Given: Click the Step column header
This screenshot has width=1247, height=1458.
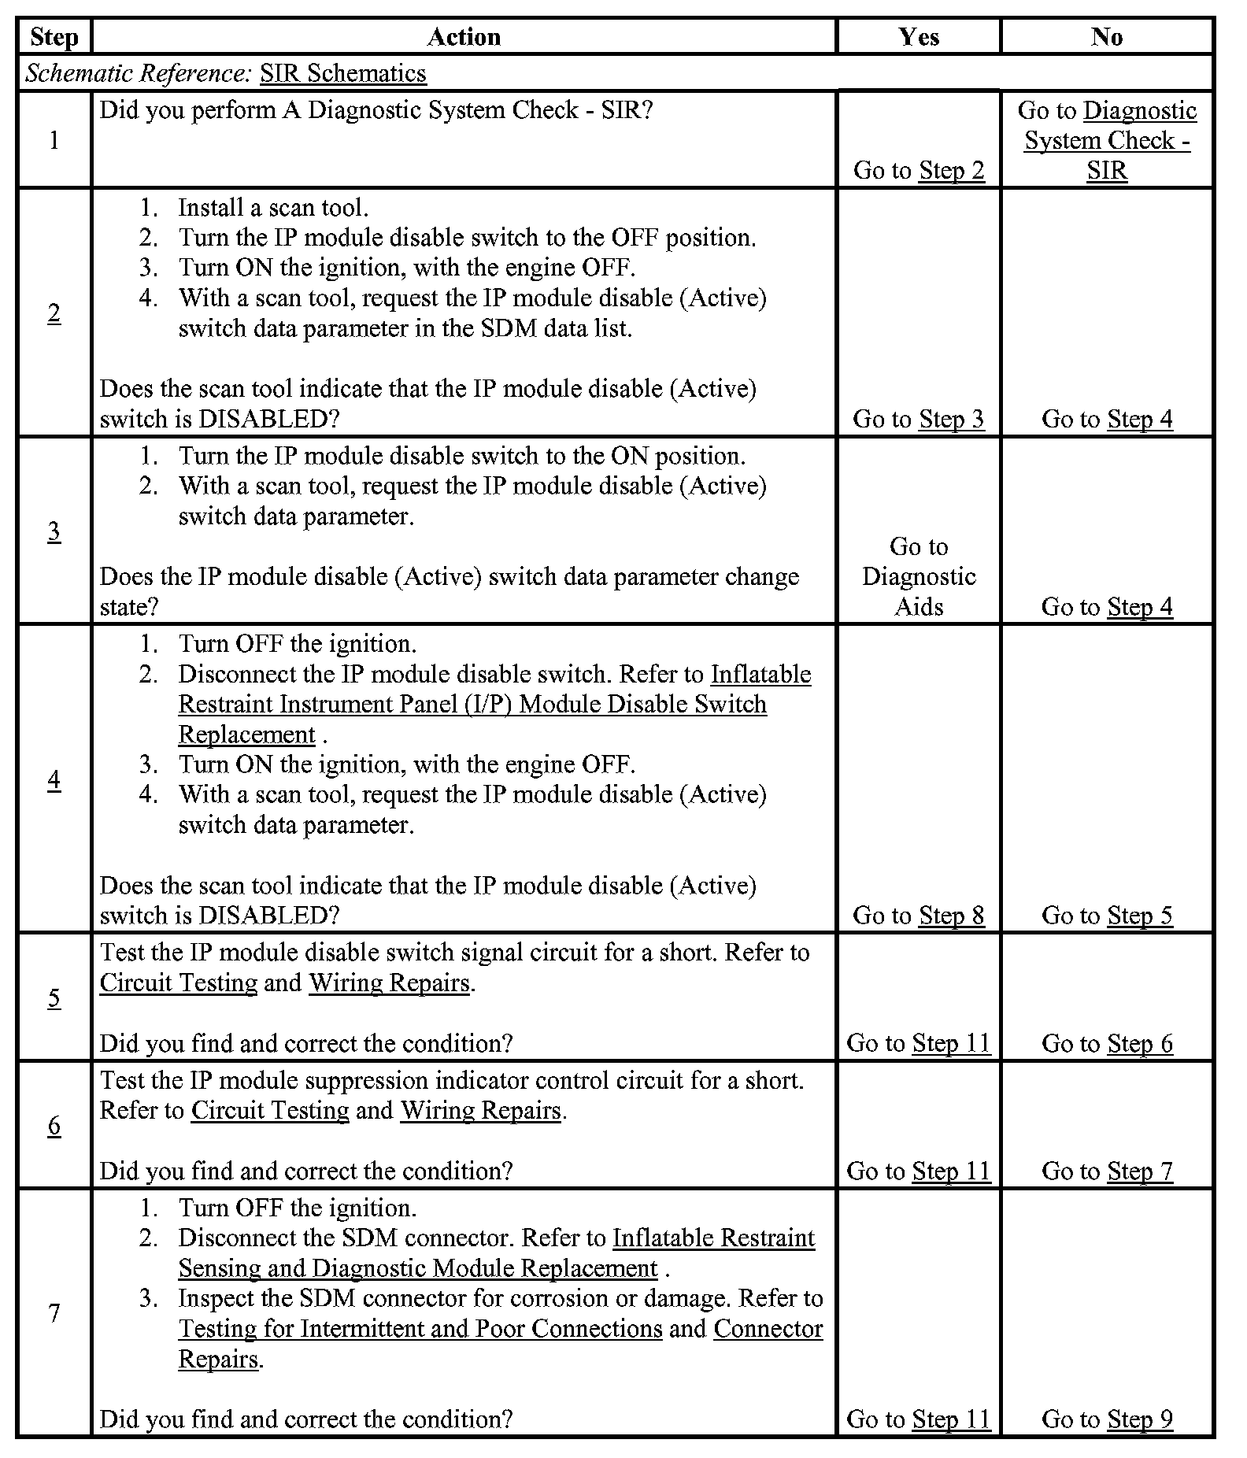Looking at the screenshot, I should (54, 37).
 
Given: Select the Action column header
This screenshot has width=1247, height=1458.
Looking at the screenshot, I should (464, 37).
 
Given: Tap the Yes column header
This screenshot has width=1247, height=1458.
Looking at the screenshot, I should (919, 37).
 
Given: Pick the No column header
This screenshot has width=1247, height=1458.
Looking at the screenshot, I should (1107, 37).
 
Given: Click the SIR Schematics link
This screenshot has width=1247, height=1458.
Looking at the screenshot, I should (343, 73).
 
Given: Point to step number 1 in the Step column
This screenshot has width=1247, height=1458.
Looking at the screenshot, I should (54, 140).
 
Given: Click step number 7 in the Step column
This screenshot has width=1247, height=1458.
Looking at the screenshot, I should (54, 1313).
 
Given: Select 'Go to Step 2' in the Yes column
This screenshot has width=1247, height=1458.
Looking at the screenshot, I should (919, 170).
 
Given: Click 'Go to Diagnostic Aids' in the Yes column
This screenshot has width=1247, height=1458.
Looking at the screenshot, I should (919, 576).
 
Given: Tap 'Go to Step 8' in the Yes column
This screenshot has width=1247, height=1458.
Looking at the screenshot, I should (919, 915).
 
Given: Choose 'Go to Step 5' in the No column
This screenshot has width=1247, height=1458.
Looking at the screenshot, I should (1107, 915).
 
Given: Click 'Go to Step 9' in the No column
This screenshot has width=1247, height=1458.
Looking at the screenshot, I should (1107, 1419).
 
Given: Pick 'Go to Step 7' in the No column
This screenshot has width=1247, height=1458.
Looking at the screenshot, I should (1107, 1171).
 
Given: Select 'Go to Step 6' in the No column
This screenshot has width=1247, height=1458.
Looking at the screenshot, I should (1107, 1043).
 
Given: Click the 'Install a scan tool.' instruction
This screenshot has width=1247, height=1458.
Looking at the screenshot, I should (273, 208).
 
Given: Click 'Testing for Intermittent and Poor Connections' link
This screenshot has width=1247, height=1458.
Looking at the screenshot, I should (420, 1329).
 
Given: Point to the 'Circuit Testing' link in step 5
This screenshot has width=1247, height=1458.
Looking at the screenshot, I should (179, 982).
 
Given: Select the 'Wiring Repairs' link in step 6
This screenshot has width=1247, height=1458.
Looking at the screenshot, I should (481, 1110).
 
